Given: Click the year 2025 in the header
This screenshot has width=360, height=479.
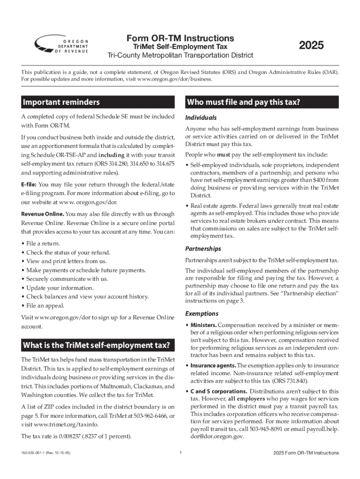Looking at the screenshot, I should click(x=311, y=46).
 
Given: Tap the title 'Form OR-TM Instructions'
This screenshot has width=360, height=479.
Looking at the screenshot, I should click(x=180, y=38).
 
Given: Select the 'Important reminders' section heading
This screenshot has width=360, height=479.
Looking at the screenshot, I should click(x=60, y=102).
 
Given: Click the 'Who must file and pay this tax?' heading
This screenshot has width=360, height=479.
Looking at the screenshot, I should click(x=243, y=102).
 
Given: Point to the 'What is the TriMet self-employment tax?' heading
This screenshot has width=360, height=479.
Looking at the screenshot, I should click(x=96, y=345).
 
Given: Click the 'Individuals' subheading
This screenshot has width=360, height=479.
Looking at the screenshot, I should click(x=201, y=118).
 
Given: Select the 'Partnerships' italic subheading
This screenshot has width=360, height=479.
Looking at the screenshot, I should click(x=203, y=249).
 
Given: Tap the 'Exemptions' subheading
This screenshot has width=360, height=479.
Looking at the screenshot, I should click(x=202, y=313).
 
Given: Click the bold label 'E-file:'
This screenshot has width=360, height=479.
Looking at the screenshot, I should click(x=29, y=184).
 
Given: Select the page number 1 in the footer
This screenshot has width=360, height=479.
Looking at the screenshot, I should click(x=180, y=453).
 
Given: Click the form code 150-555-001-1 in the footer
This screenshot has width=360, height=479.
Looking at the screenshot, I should click(x=36, y=453).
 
